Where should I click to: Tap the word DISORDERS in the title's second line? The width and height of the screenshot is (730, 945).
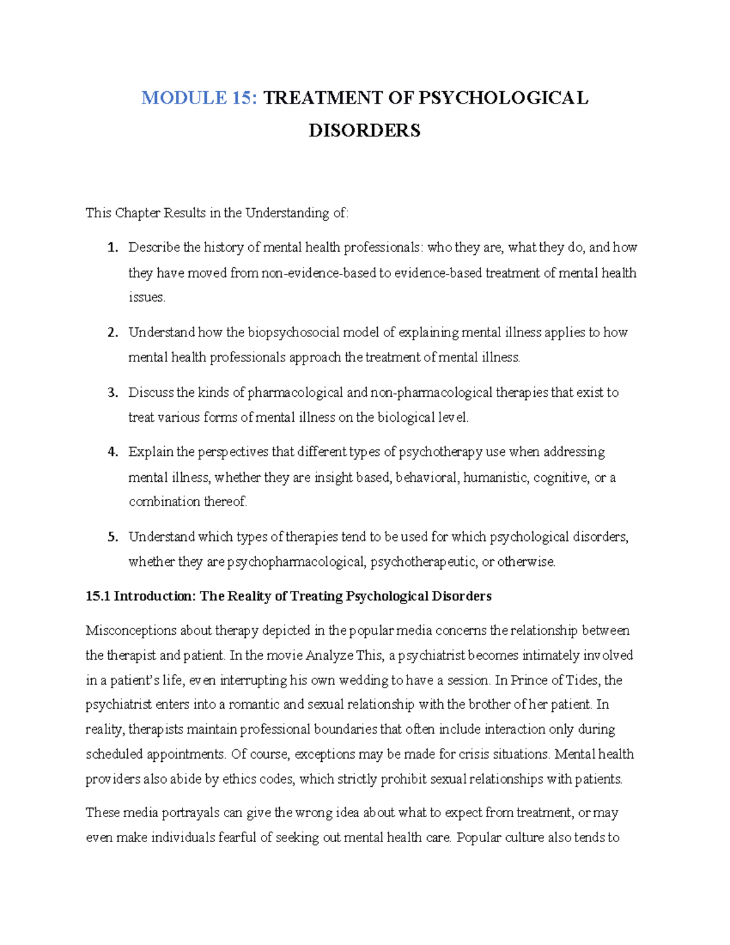point(364,131)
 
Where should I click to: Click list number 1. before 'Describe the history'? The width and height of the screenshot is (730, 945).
point(112,248)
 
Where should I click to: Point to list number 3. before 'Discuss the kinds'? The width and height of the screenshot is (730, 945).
point(112,393)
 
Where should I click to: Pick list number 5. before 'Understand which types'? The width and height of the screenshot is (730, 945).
point(112,537)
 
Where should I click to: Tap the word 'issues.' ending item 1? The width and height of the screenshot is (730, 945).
point(147,298)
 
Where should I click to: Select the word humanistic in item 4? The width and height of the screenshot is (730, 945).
point(495,478)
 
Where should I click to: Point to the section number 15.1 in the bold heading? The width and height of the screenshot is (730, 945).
point(97,596)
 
